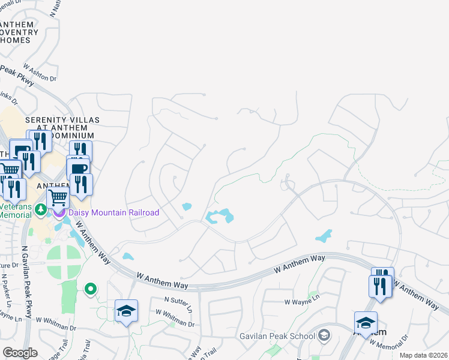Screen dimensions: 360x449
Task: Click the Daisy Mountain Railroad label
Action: pos(114,213)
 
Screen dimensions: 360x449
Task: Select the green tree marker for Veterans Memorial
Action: pos(40,209)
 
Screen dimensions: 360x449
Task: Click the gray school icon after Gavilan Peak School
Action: pos(325,334)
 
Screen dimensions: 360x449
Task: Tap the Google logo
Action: pos(20,353)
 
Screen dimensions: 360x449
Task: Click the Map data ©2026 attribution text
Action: pos(423,355)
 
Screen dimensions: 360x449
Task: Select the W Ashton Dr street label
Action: pos(40,73)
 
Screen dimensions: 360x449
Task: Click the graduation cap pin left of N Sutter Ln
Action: pos(127,311)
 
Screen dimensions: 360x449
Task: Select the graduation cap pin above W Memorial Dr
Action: pos(366,323)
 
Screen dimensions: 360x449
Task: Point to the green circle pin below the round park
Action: pos(91,289)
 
